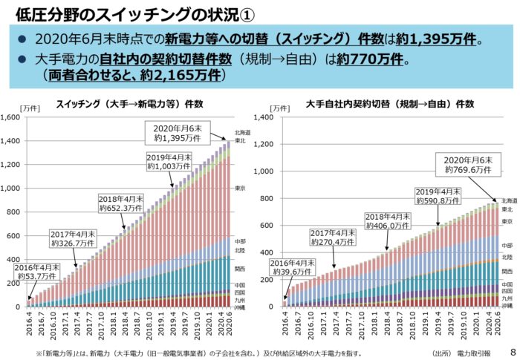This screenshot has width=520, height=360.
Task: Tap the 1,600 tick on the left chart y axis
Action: coord(13,117)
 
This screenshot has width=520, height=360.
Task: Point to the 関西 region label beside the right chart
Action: coord(507,272)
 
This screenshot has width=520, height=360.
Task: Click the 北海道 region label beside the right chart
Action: coord(509,200)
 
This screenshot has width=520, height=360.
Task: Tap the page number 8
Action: coord(513,351)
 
